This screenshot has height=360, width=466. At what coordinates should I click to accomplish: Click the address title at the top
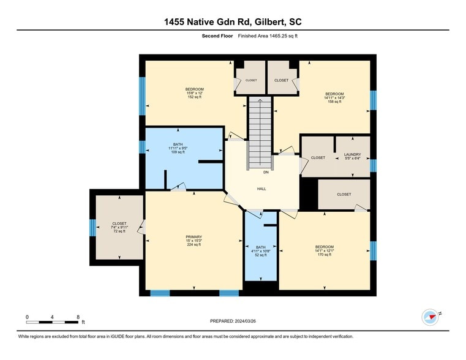(233, 22)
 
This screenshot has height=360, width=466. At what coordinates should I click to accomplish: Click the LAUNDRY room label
(352, 154)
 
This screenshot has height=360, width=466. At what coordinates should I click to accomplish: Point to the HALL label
(261, 189)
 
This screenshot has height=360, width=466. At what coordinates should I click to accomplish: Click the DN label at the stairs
(258, 173)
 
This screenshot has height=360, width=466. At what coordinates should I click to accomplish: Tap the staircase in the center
(259, 132)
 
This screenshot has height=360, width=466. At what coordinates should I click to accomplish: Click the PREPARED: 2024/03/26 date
(233, 321)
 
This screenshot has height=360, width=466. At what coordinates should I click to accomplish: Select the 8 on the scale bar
(78, 317)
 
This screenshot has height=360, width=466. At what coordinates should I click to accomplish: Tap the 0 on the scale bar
(27, 317)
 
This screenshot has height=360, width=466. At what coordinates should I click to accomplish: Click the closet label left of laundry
(318, 158)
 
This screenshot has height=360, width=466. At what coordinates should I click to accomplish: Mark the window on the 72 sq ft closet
(92, 227)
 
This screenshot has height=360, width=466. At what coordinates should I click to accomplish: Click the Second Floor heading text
(217, 36)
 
